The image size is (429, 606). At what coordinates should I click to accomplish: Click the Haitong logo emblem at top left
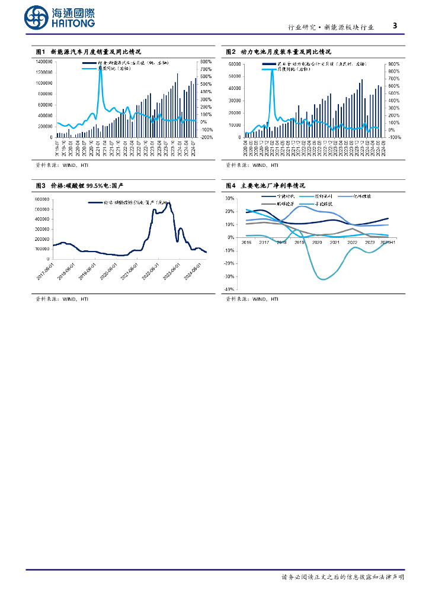pyautogui.click(x=37, y=18)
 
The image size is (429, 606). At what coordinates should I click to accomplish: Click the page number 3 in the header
pyautogui.click(x=395, y=26)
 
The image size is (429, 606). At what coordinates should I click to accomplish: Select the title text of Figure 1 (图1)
pyautogui.click(x=88, y=52)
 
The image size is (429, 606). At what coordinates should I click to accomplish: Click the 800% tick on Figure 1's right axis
pyautogui.click(x=206, y=61)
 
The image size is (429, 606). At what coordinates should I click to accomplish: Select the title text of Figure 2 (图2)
pyautogui.click(x=278, y=52)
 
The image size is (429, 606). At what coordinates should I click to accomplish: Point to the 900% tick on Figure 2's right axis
pyautogui.click(x=394, y=63)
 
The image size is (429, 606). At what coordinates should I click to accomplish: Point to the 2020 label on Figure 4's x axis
pyautogui.click(x=317, y=243)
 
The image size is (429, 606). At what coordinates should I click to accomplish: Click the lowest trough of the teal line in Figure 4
pyautogui.click(x=322, y=279)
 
